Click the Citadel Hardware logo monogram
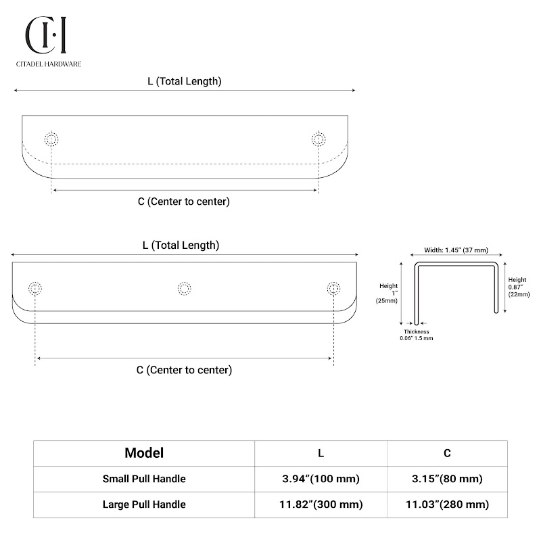click(46, 35)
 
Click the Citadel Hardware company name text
click(49, 64)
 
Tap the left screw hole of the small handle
click(51, 139)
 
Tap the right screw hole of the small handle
click(319, 139)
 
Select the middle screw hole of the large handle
click(184, 289)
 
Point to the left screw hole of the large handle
click(35, 289)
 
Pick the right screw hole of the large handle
click(333, 289)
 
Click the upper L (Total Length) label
click(185, 81)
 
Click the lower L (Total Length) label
click(181, 245)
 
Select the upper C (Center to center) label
click(184, 202)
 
